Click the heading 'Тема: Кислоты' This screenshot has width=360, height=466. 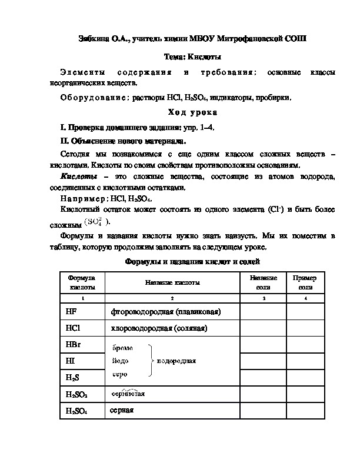(x=192, y=56)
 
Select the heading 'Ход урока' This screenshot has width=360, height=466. (x=192, y=112)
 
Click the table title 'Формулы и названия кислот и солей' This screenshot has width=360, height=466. (x=192, y=261)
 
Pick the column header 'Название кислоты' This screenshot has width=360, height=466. (x=172, y=282)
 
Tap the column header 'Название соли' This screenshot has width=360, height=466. (x=263, y=282)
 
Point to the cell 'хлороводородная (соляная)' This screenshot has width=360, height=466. (x=159, y=328)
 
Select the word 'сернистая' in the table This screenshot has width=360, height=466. (x=128, y=394)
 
